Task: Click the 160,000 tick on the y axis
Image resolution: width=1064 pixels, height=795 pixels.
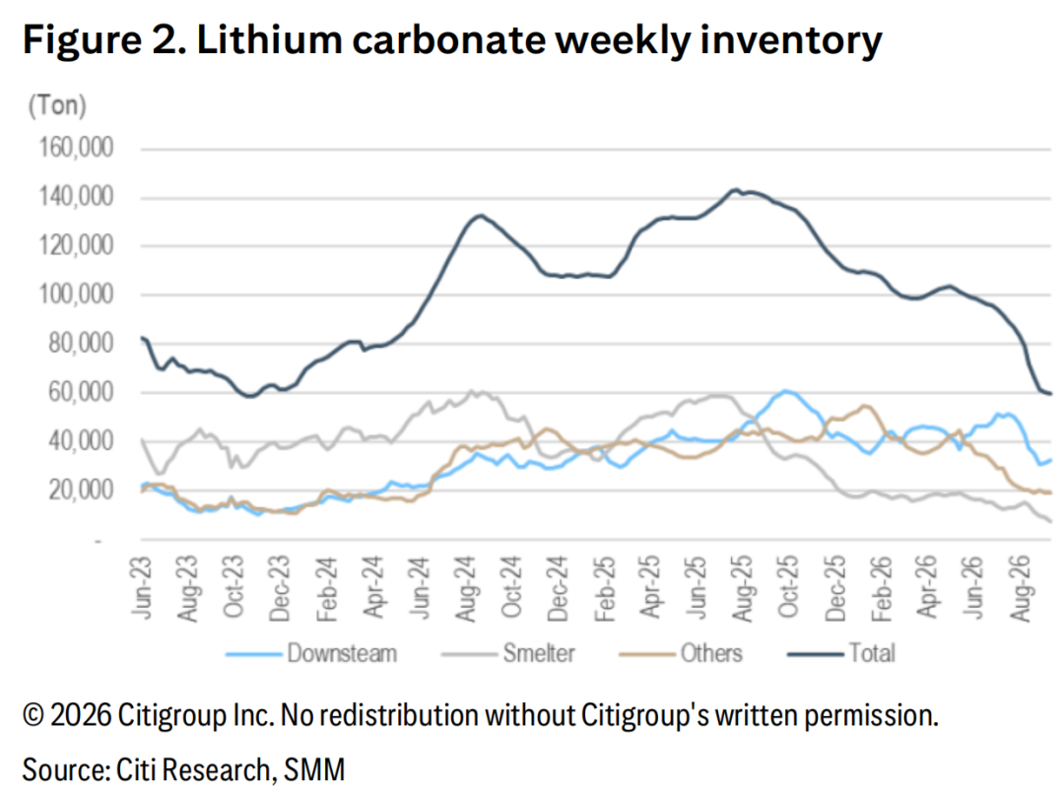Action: click(x=76, y=147)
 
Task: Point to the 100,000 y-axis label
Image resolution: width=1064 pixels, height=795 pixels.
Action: click(x=76, y=295)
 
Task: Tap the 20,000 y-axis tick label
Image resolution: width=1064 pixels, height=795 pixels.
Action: click(x=81, y=490)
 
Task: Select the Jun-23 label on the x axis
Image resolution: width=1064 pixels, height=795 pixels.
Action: click(x=142, y=587)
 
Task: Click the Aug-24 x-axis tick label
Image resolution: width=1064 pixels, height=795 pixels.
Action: click(x=465, y=588)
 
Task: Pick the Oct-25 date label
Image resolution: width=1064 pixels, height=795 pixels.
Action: click(x=788, y=587)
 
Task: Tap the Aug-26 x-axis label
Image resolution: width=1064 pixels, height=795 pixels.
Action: click(x=1020, y=588)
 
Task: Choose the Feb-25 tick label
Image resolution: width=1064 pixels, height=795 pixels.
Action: click(x=604, y=588)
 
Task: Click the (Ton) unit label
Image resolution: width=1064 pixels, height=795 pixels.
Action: click(x=58, y=105)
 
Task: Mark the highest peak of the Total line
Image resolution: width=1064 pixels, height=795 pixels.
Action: click(x=734, y=190)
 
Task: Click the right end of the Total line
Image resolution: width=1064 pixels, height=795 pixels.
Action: click(x=1051, y=393)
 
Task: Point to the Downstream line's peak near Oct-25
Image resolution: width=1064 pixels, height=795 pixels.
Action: click(x=786, y=391)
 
